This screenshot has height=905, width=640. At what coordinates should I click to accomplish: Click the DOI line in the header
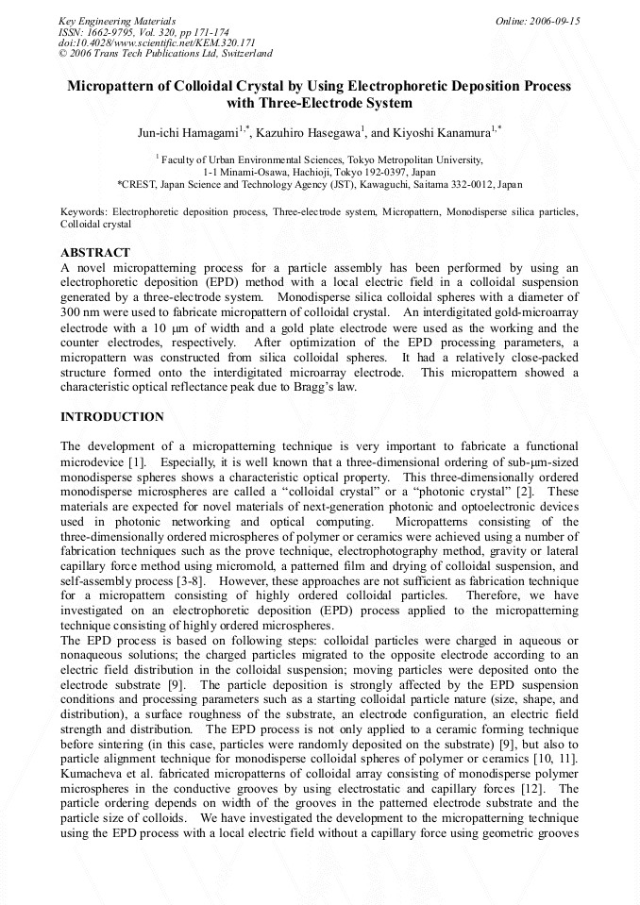tap(157, 42)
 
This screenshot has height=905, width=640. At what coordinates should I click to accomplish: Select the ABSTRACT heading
tap(95, 253)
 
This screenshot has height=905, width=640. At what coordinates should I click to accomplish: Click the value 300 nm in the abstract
tap(76, 311)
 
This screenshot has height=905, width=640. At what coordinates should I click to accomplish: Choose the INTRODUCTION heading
tap(111, 416)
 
